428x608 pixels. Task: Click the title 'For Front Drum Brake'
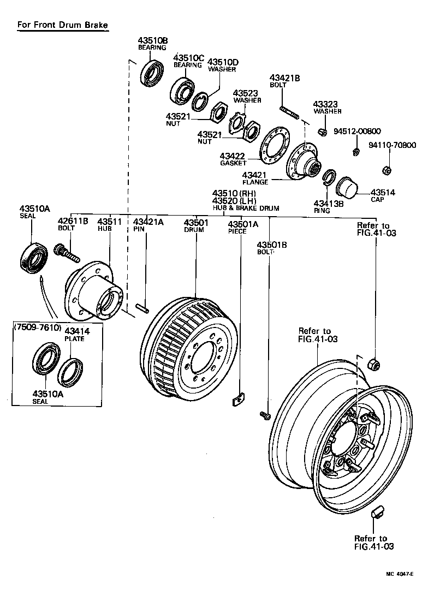click(62, 25)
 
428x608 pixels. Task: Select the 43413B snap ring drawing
click(329, 178)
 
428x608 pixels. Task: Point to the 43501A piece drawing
click(238, 401)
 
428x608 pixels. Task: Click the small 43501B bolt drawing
click(266, 416)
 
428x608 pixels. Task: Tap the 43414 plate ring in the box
click(70, 371)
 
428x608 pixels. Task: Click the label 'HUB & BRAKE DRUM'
click(246, 208)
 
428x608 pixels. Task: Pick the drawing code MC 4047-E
click(398, 575)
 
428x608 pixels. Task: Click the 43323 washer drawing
click(322, 132)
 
